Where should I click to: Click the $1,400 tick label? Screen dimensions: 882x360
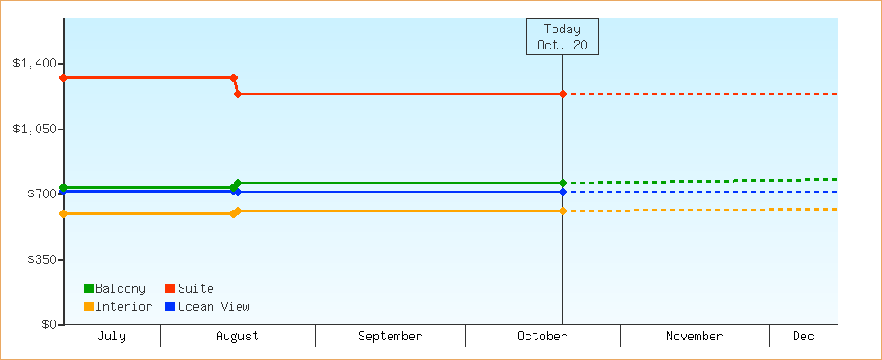point(35,63)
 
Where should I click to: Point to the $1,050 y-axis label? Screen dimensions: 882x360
point(35,129)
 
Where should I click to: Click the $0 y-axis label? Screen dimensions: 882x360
point(49,325)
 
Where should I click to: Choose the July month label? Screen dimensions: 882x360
point(112,337)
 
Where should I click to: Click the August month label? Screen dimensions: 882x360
point(238,337)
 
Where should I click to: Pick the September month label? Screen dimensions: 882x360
point(390,337)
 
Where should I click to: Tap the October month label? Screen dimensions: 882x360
point(542,337)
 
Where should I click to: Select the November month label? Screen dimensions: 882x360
point(694,337)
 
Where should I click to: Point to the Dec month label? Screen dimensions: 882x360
point(803,337)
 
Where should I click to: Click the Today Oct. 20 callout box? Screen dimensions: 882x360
point(562,37)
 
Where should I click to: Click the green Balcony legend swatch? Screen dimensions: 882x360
point(88,289)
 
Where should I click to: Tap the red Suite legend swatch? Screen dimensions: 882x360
point(169,289)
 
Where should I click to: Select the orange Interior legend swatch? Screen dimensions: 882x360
point(88,307)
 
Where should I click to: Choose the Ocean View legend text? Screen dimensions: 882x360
point(214,307)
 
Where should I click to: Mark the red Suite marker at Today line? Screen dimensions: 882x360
point(562,94)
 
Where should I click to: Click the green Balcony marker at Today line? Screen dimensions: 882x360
point(562,184)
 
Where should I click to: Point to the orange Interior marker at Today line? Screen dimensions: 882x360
point(562,211)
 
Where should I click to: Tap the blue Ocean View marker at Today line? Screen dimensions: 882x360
point(562,193)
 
